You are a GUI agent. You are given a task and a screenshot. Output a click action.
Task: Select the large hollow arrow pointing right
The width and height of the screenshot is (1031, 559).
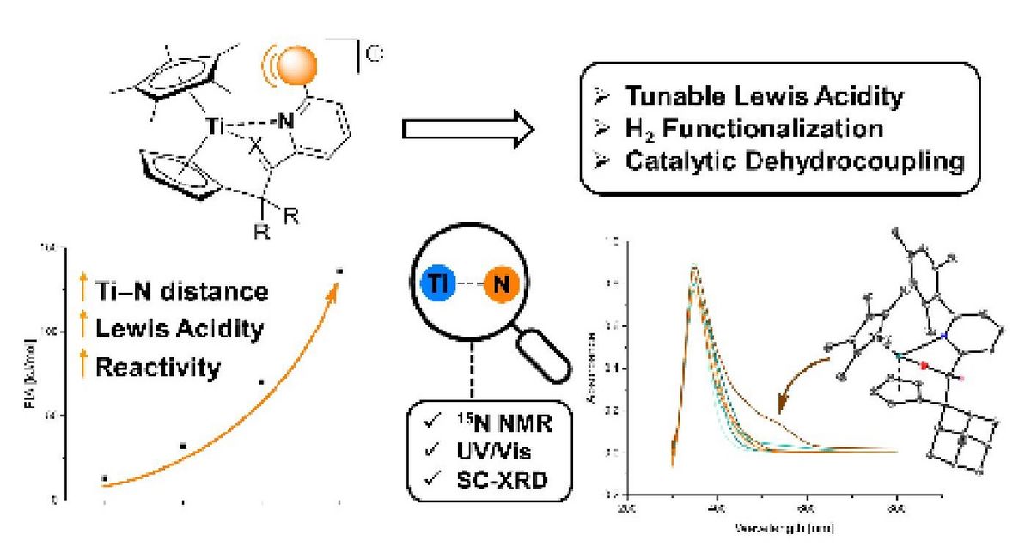(x=469, y=130)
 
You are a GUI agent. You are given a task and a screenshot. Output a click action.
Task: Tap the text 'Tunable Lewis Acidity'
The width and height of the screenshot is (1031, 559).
(x=764, y=95)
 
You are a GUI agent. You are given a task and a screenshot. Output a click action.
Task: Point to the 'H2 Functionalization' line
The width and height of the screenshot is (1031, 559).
(x=752, y=128)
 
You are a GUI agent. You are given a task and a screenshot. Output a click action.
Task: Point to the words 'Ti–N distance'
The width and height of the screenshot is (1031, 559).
(x=181, y=292)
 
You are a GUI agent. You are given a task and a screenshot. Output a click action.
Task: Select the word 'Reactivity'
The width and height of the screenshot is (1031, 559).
(x=158, y=368)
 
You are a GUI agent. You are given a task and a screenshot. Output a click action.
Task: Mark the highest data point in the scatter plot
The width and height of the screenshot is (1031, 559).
(x=339, y=271)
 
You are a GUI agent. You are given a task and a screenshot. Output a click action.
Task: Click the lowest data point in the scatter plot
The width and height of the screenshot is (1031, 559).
(x=105, y=477)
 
